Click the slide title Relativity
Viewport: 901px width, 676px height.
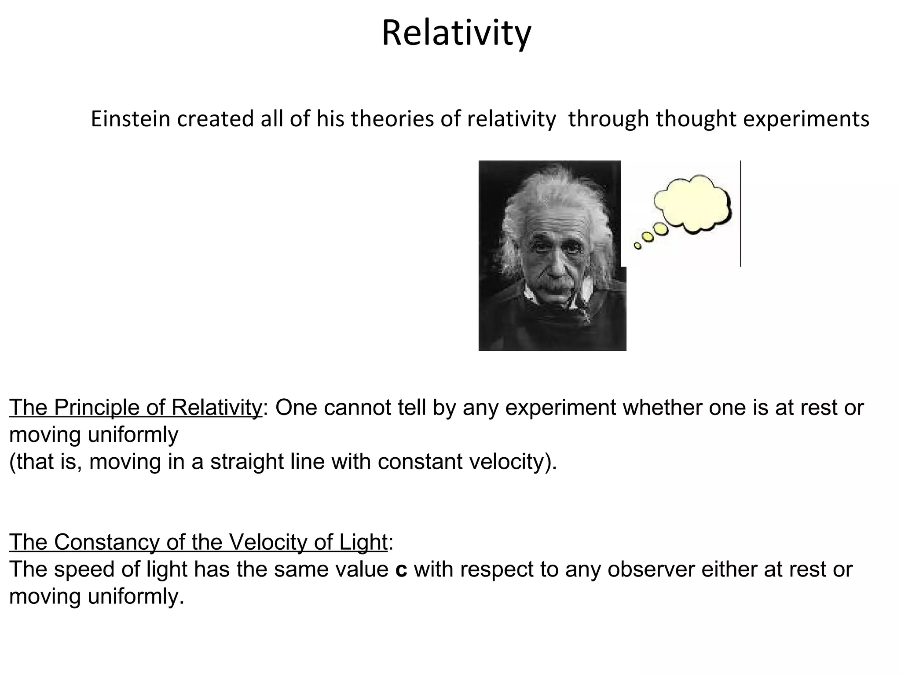point(456,33)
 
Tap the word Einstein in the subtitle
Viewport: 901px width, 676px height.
point(130,119)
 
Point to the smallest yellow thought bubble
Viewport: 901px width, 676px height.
point(637,246)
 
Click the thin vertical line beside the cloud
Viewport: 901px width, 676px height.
point(740,213)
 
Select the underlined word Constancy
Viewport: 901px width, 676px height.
point(106,542)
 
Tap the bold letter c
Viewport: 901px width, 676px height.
point(401,569)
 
